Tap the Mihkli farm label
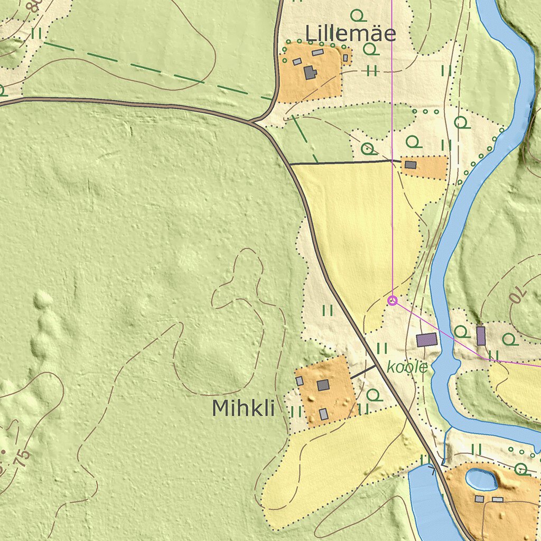point(243,408)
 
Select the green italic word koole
point(407,367)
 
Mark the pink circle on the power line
point(392,301)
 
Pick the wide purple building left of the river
point(427,340)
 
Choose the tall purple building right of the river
point(481,336)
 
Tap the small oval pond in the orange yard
point(481,480)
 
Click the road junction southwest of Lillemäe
point(255,123)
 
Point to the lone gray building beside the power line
point(411,165)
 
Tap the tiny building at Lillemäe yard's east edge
point(345,58)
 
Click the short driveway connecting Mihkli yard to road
point(363,371)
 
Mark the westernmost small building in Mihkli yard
point(300,380)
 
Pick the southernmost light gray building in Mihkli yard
point(323,414)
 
